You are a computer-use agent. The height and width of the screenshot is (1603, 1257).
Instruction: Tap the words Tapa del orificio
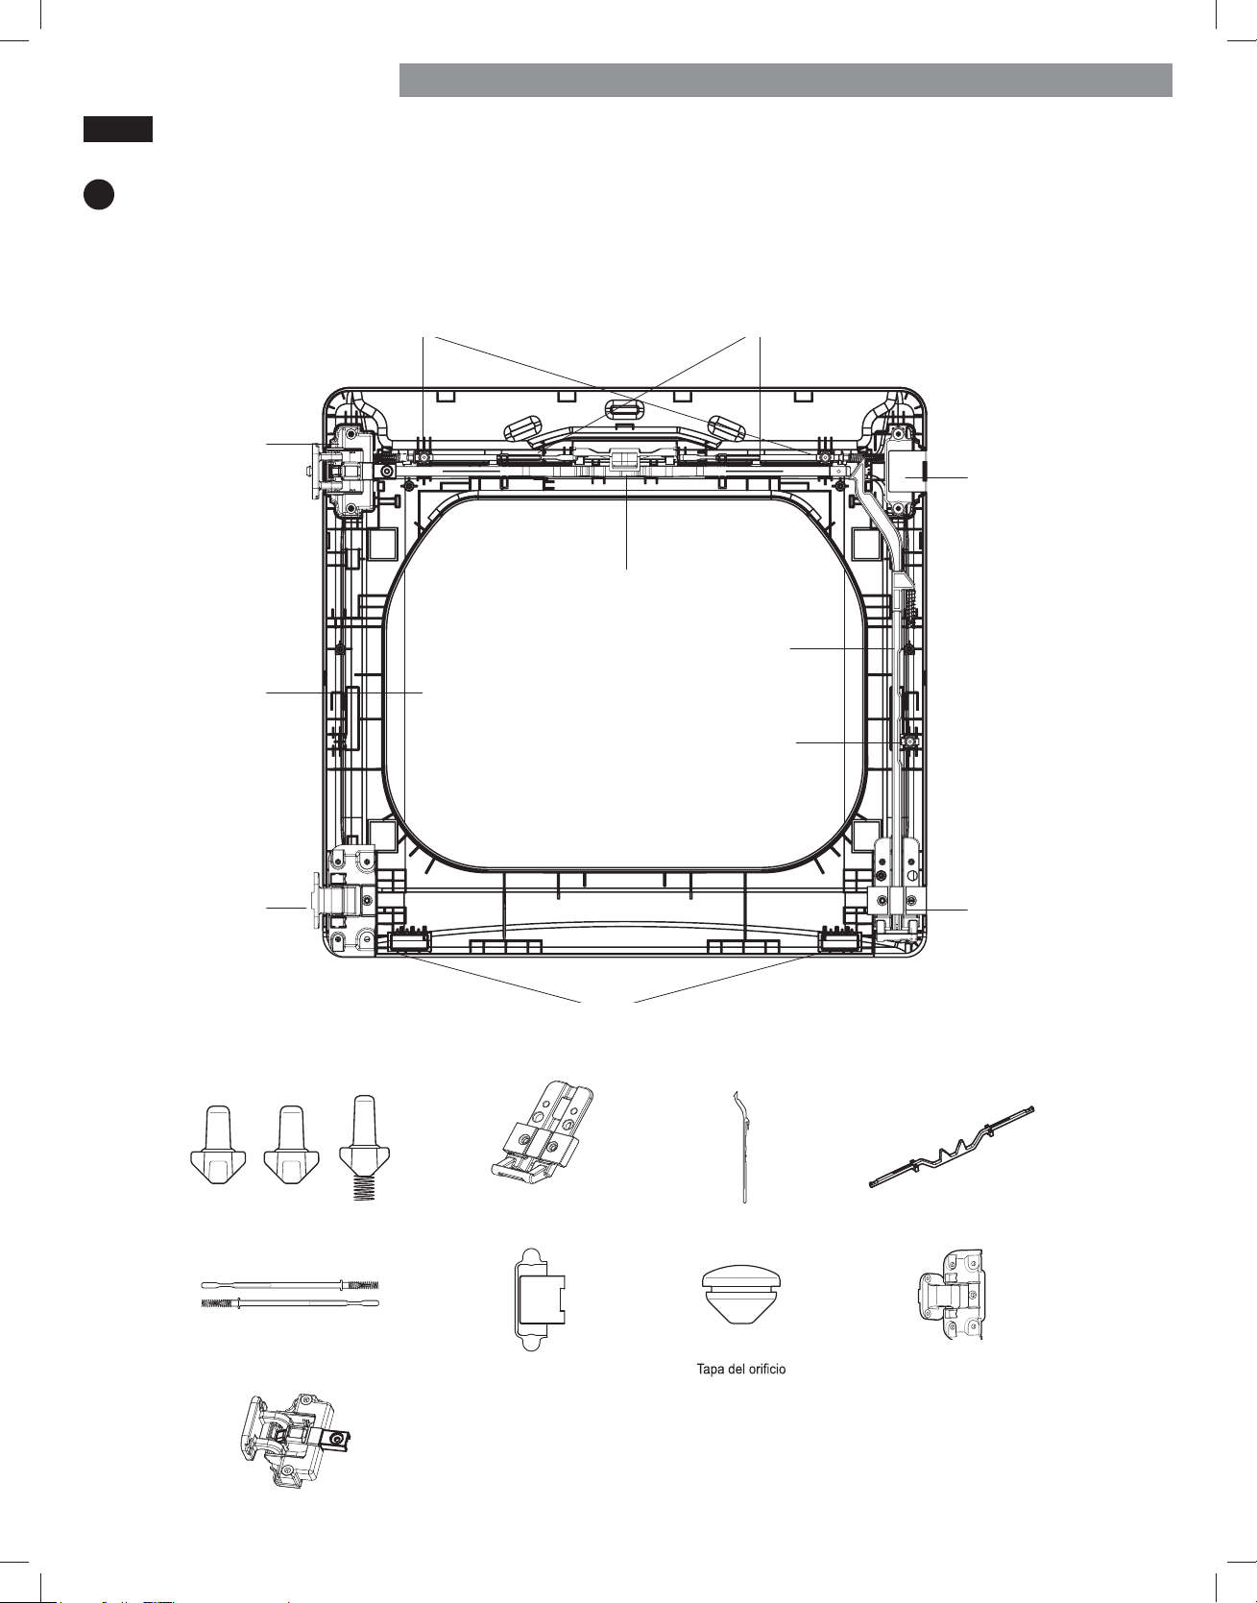click(741, 1369)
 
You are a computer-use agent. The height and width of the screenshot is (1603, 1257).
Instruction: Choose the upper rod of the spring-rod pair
click(290, 1284)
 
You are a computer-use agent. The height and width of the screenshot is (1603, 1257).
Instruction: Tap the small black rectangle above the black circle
click(117, 130)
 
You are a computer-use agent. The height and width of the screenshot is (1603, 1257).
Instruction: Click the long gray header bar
click(786, 80)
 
